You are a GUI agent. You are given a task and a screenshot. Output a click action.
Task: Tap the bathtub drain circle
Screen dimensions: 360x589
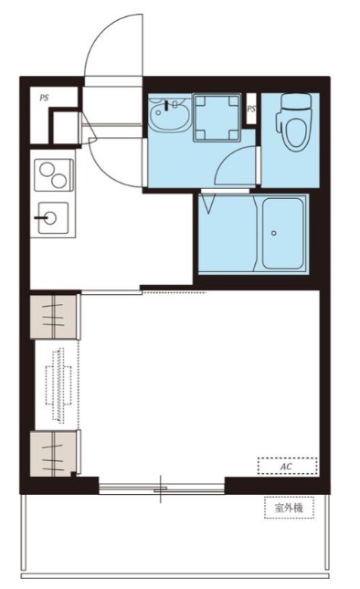tap(274, 233)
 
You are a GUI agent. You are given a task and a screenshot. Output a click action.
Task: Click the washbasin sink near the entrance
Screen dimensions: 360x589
tap(168, 112)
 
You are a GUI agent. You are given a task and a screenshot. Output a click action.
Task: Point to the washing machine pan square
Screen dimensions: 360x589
tap(217, 118)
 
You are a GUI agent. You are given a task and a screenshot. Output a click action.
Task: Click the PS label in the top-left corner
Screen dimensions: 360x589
tap(45, 98)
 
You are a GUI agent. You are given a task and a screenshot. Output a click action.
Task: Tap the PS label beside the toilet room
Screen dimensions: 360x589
tap(251, 109)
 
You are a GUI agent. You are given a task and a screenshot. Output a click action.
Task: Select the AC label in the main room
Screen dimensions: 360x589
tap(286, 467)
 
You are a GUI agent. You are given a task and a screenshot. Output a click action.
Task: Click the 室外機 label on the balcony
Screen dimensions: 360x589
tap(289, 509)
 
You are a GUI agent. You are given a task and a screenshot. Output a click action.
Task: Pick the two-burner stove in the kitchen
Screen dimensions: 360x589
tap(54, 175)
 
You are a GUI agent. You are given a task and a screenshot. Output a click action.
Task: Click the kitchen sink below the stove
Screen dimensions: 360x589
tap(54, 217)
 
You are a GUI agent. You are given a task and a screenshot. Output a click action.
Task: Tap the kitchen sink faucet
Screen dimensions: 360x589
tap(40, 217)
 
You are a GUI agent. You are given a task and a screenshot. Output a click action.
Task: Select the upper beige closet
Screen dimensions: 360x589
tap(55, 316)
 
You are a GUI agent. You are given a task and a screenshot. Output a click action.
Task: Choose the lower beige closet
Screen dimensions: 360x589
tap(55, 454)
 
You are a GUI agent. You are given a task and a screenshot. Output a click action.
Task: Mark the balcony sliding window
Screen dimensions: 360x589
tap(162, 489)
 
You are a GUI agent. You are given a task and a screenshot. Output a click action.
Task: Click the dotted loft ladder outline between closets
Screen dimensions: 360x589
tap(58, 385)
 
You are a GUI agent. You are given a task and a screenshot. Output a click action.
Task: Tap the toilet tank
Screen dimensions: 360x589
tap(296, 101)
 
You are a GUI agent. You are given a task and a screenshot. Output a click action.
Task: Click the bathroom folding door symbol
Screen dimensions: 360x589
tap(207, 204)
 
